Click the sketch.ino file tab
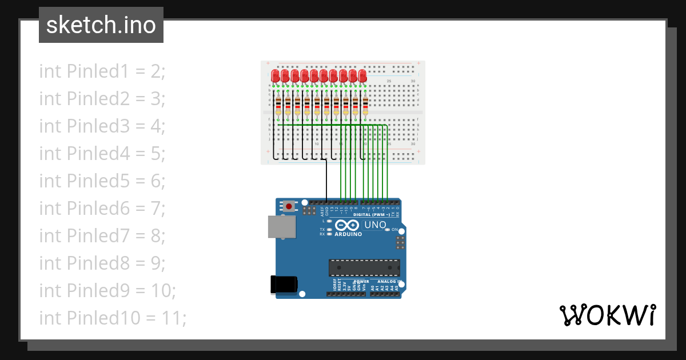[101, 25]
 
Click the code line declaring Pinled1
[102, 71]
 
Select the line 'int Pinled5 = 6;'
[102, 181]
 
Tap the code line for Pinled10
[113, 318]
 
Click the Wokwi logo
[608, 315]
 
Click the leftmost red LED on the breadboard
[276, 76]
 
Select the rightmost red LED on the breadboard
[363, 76]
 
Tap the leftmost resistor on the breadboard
[278, 106]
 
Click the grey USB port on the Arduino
[282, 227]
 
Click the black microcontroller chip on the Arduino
[364, 267]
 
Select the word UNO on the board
[375, 225]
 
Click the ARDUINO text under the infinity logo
[348, 234]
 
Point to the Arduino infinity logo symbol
[348, 225]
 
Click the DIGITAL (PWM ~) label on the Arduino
[371, 215]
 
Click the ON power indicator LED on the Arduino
[388, 229]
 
